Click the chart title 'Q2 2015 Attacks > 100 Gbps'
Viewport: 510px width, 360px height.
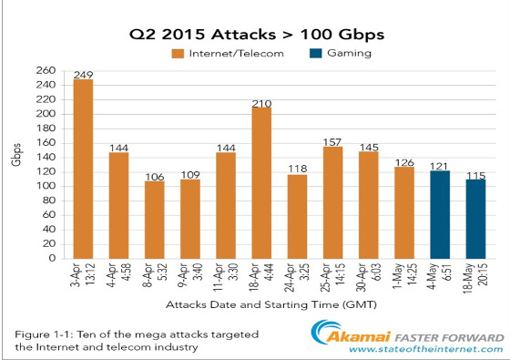coord(254,36)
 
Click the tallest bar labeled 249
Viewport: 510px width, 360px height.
coord(84,168)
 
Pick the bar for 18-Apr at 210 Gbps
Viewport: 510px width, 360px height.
coord(261,182)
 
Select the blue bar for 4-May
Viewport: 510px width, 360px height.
coord(440,214)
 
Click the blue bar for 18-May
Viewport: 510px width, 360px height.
coord(474,218)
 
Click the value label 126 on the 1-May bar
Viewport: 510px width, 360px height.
coord(404,164)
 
